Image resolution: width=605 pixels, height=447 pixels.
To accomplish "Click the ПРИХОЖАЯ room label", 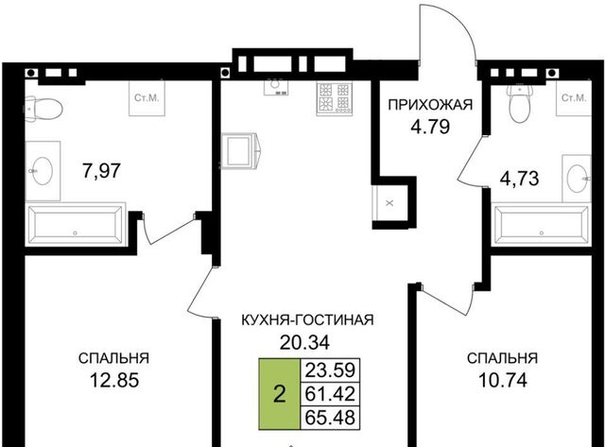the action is (430, 105).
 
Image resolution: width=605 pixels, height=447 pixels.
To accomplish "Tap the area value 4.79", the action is (430, 127).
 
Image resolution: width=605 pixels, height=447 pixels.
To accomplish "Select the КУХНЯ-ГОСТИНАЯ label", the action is (307, 319).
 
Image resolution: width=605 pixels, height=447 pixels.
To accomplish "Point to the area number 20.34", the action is (304, 342).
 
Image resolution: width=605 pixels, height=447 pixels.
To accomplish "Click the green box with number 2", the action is (280, 394).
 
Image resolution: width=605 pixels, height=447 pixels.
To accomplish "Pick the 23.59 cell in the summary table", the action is (330, 370).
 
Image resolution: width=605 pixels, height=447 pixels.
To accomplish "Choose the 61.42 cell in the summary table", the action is (330, 394).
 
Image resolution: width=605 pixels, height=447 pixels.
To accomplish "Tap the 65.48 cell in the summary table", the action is (330, 417).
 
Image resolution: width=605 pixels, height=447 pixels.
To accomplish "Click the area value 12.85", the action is (114, 380).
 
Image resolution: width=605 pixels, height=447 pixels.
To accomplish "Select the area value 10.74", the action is (503, 380).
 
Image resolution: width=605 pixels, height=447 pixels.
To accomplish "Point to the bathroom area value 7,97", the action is (102, 170).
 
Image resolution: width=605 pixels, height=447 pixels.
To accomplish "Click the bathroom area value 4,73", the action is (519, 179).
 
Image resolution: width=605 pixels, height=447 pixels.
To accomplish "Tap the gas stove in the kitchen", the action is (335, 98).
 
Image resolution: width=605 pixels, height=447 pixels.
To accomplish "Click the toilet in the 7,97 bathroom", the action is (44, 110).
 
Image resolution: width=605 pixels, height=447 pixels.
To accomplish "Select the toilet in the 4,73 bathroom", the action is (521, 103).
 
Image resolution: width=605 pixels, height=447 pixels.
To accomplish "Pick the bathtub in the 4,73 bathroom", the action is (542, 225).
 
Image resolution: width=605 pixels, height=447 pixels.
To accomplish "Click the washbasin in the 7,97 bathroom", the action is (43, 171).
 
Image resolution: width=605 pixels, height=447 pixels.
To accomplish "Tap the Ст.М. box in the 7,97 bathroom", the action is (147, 98).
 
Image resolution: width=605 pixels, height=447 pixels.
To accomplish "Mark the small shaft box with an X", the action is (389, 203).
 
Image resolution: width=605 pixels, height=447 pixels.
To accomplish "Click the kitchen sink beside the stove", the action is (275, 85).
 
